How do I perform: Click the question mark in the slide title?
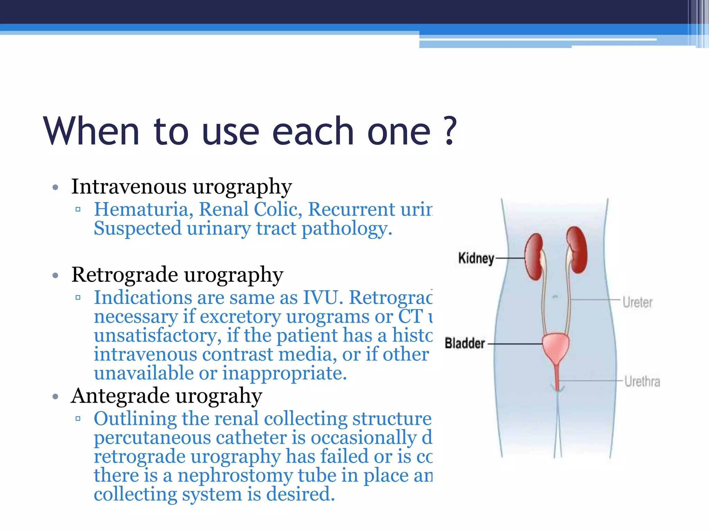(449, 131)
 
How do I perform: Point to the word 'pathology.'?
(347, 229)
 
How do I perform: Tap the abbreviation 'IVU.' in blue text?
(323, 298)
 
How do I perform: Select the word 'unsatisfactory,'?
(158, 336)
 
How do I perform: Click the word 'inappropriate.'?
(284, 373)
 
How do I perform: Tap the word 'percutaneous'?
(152, 438)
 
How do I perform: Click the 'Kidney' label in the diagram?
(476, 258)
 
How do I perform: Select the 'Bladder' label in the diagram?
(465, 343)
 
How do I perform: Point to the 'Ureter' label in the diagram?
(637, 302)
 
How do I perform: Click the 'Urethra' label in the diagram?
(642, 382)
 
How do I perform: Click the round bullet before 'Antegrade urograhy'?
(55, 397)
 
